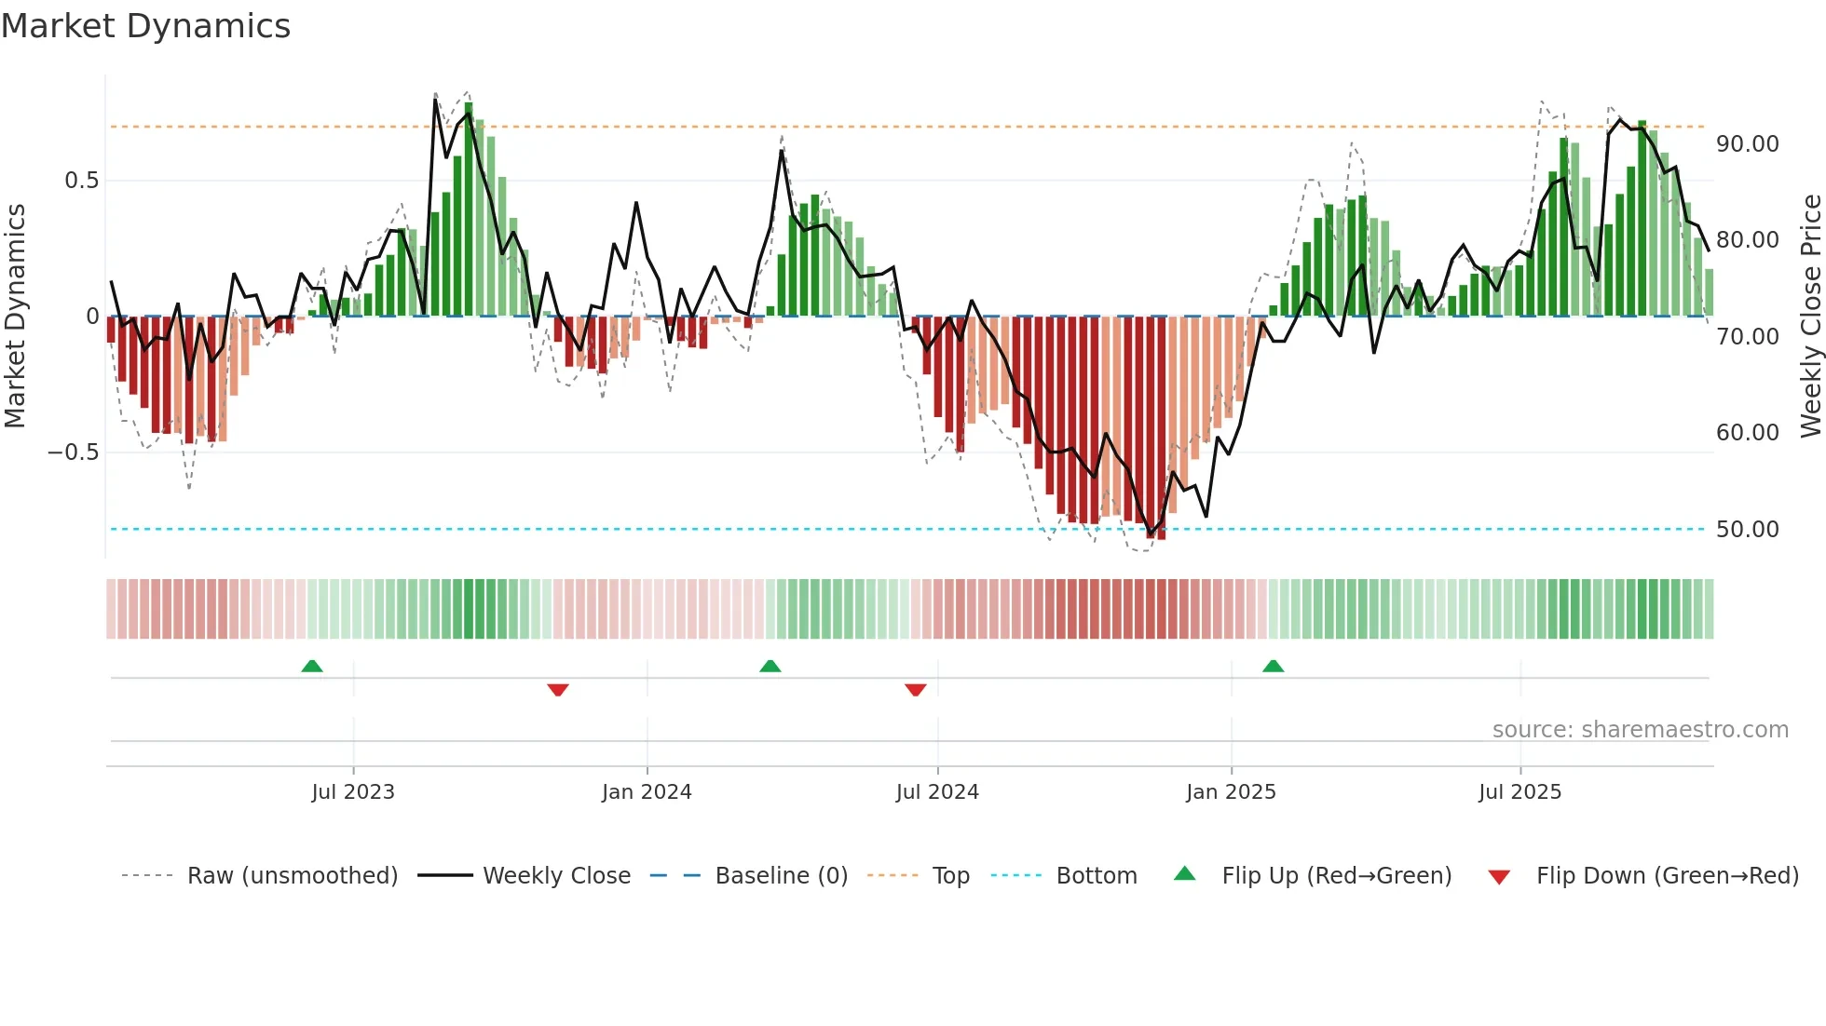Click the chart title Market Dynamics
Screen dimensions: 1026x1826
click(146, 26)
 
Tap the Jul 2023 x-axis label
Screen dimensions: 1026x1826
click(353, 792)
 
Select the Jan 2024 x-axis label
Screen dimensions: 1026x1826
click(647, 792)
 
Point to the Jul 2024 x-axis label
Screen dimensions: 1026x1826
click(937, 792)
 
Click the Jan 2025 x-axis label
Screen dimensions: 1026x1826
click(1231, 792)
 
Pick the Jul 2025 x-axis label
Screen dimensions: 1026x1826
click(1519, 792)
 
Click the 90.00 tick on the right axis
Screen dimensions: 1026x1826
click(1747, 144)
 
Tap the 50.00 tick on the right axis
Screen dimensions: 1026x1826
click(1747, 530)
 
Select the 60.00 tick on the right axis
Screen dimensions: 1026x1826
click(1747, 433)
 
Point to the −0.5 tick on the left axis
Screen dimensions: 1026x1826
click(73, 452)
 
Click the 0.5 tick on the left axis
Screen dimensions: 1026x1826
click(81, 181)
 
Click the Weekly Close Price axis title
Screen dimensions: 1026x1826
click(1810, 317)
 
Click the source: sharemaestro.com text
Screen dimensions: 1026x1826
click(1640, 730)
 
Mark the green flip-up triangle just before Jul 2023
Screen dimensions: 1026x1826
click(312, 667)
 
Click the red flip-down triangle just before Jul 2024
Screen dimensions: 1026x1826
click(915, 690)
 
